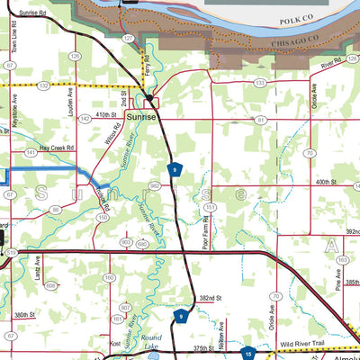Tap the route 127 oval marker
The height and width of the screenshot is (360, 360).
coord(129,39)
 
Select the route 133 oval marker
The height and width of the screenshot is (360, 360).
coord(259,83)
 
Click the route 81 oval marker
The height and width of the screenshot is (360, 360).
coord(261,119)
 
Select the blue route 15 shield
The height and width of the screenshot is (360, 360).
coord(247,355)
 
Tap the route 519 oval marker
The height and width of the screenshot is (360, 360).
coord(10,255)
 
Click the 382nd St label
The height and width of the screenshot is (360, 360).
coord(210,297)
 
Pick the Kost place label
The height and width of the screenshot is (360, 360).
coord(114,344)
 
